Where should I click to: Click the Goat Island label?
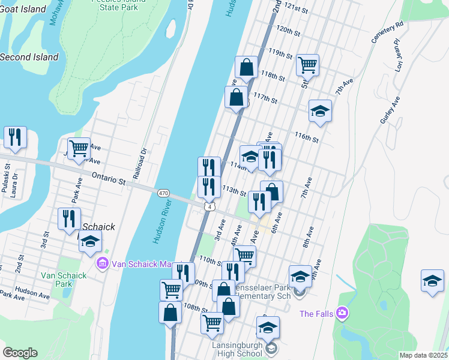pyautogui.click(x=23, y=9)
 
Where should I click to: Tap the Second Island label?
pyautogui.click(x=29, y=57)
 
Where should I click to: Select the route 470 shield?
pyautogui.click(x=163, y=193)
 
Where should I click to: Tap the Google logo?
pyautogui.click(x=20, y=353)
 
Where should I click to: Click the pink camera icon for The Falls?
pyautogui.click(x=342, y=313)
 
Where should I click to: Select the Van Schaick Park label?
pyautogui.click(x=64, y=280)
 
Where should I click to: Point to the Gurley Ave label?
pyautogui.click(x=389, y=112)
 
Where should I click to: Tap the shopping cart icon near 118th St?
pyautogui.click(x=307, y=65)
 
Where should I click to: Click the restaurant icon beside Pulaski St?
pyautogui.click(x=14, y=137)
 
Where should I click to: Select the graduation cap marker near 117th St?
pyautogui.click(x=321, y=111)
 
